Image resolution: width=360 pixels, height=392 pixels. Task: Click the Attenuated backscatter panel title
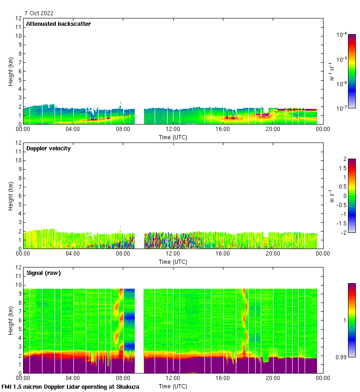click(x=59, y=24)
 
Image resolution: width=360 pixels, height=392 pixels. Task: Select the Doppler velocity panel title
click(x=48, y=148)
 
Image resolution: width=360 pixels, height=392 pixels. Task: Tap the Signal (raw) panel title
click(x=43, y=273)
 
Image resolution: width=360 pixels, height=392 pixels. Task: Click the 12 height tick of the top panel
click(x=18, y=18)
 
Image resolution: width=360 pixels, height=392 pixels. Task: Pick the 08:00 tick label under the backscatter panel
click(x=123, y=130)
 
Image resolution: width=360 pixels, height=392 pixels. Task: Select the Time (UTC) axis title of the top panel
click(x=173, y=137)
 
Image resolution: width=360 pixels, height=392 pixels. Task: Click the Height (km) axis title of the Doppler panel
click(x=11, y=196)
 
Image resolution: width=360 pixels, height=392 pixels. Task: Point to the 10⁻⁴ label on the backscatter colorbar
click(x=342, y=35)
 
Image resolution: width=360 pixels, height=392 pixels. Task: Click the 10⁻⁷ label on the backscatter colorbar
click(x=342, y=107)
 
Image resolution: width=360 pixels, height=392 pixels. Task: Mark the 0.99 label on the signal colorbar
click(x=342, y=356)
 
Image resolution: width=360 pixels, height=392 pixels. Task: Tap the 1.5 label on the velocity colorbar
click(x=342, y=168)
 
